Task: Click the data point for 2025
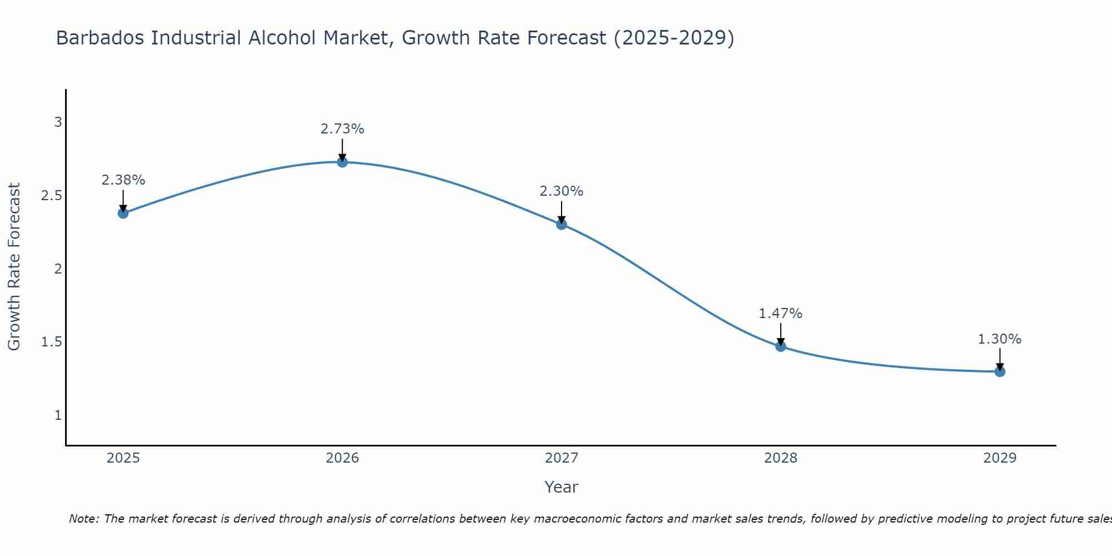(123, 213)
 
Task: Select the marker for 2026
(342, 162)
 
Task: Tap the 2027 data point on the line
(562, 224)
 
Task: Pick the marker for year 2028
(781, 346)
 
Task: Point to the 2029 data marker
(1000, 371)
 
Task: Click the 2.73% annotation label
(342, 129)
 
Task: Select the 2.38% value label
(123, 180)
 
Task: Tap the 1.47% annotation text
(781, 314)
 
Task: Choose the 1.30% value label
(1000, 339)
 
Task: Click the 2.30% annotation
(562, 191)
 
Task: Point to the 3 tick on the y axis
(58, 122)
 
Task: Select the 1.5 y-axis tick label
(52, 342)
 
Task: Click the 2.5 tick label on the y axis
(52, 196)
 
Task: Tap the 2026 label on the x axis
(342, 458)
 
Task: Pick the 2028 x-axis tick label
(781, 458)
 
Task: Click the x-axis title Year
(562, 487)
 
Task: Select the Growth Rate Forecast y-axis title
(14, 267)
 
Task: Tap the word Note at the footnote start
(83, 519)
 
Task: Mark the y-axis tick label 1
(58, 415)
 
